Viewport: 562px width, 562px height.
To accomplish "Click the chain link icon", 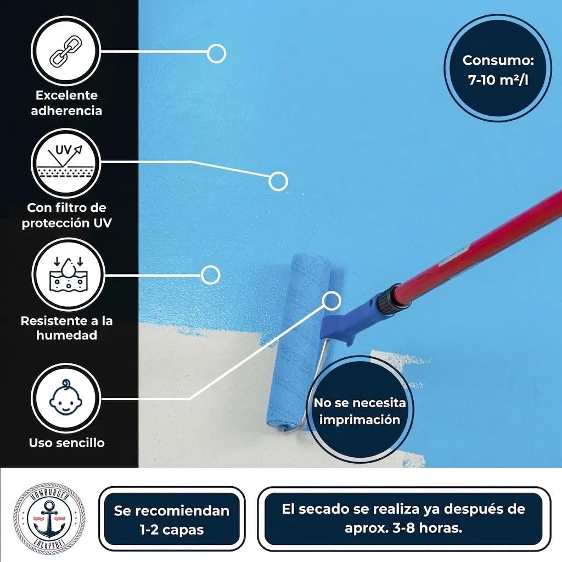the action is click(x=66, y=52).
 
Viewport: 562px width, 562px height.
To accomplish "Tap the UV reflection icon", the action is click(x=66, y=162).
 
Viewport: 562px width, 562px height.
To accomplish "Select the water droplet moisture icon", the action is click(x=68, y=274).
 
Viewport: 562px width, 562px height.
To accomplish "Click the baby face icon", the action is click(x=66, y=397).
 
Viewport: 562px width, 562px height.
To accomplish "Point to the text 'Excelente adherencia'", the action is click(x=66, y=103).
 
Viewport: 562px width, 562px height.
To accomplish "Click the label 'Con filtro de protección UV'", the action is click(x=66, y=215).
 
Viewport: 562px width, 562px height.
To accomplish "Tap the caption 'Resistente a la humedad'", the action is click(x=66, y=328).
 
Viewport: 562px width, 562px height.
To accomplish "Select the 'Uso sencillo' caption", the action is click(x=66, y=443).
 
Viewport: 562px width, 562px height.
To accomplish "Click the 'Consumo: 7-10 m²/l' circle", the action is click(x=498, y=68).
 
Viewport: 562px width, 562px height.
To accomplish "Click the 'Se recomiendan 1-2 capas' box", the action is click(x=172, y=519).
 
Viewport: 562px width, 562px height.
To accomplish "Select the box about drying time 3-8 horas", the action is click(x=403, y=519).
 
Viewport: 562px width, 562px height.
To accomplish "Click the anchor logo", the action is click(x=49, y=519).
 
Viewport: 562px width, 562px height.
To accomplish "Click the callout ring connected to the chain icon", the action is click(x=216, y=54).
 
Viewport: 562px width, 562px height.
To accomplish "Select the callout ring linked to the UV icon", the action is click(x=278, y=181).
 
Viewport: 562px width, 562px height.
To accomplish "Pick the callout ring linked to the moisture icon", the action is click(x=210, y=276).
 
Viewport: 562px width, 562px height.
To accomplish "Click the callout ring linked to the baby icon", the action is click(x=331, y=300).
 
